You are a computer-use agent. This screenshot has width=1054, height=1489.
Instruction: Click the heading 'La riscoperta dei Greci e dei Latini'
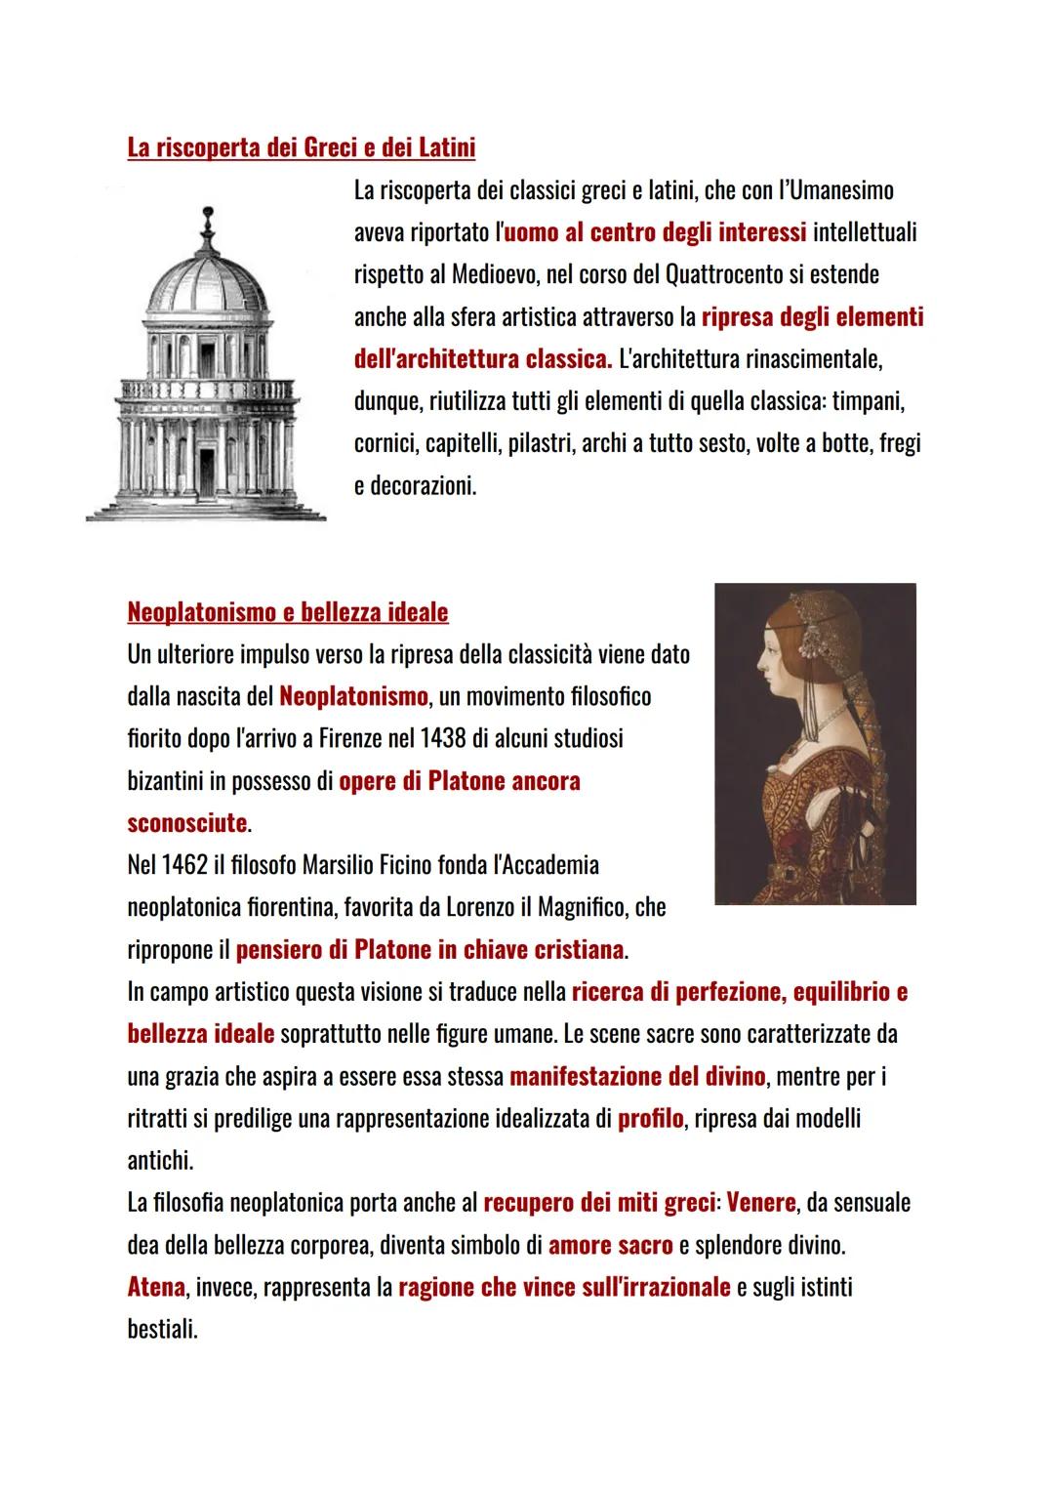tap(302, 148)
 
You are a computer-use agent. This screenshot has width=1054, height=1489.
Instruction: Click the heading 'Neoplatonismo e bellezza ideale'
tap(288, 613)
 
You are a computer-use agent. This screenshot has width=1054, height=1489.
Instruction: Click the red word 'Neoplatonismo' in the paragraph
tap(353, 697)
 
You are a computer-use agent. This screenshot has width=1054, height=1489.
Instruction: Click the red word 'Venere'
tap(760, 1203)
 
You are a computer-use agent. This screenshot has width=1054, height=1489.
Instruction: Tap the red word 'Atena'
tap(156, 1287)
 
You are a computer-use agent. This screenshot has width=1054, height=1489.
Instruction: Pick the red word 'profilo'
tap(650, 1119)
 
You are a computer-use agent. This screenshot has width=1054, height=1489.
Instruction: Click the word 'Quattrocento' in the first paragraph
tap(721, 274)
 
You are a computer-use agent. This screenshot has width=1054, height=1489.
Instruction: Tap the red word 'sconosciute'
tap(186, 823)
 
